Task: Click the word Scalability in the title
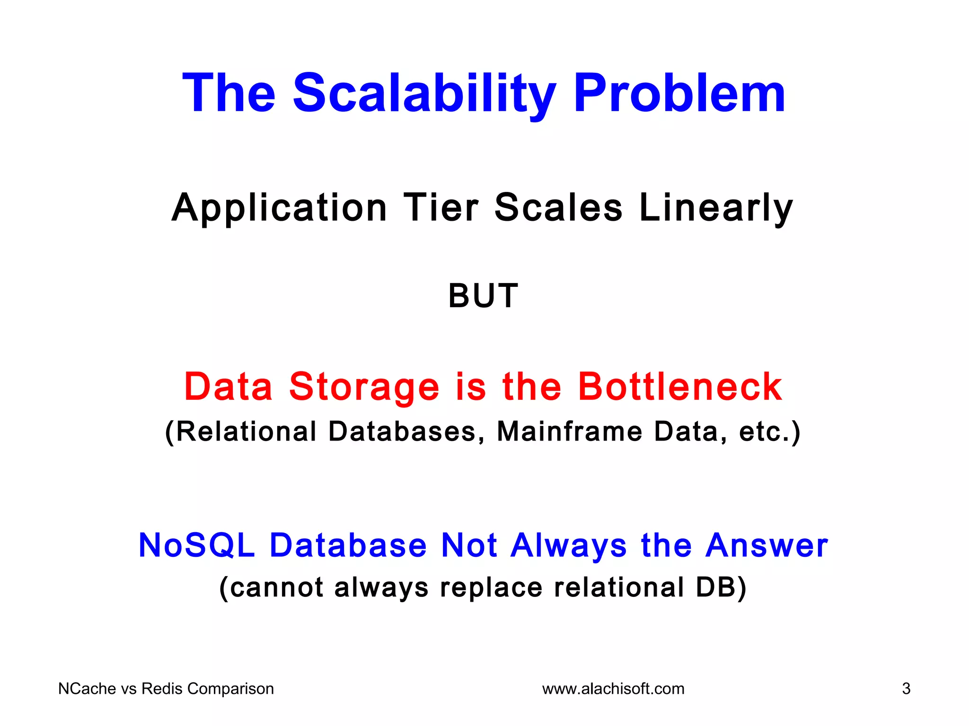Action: coord(424,93)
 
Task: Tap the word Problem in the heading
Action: coord(679,93)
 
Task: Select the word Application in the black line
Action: coord(280,208)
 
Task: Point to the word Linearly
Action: coord(715,208)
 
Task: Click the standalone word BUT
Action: coord(483,296)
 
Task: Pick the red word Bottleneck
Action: coord(680,387)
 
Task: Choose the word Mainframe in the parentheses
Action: coord(569,432)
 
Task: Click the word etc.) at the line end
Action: coord(769,432)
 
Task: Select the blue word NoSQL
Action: coord(197,545)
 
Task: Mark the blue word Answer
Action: coord(766,545)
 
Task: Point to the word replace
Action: coord(491,588)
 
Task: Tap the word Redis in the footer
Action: coord(162,689)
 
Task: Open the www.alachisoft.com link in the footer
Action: coord(613,689)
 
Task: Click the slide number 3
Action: coord(906,689)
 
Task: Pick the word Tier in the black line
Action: coord(440,208)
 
